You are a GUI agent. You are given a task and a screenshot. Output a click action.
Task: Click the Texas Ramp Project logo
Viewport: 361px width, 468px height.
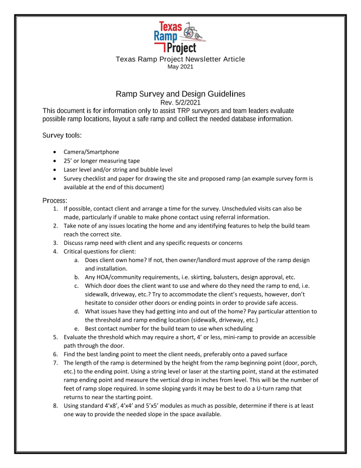click(180, 37)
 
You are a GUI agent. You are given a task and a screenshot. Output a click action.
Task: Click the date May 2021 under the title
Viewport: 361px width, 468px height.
click(180, 67)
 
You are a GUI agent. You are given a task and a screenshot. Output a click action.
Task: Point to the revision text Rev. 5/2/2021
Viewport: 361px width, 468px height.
click(180, 102)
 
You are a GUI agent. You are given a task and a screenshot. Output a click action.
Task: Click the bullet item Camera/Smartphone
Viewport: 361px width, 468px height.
click(90, 151)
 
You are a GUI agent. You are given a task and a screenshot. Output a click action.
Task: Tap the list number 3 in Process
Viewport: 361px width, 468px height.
click(56, 242)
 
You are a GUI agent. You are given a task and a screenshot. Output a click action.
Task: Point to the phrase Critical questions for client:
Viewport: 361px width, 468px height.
click(101, 251)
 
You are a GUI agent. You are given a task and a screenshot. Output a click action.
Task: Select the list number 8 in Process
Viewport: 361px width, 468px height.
click(56, 406)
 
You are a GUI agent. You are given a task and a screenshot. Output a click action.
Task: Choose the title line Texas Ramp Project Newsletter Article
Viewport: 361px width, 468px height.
click(180, 59)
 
